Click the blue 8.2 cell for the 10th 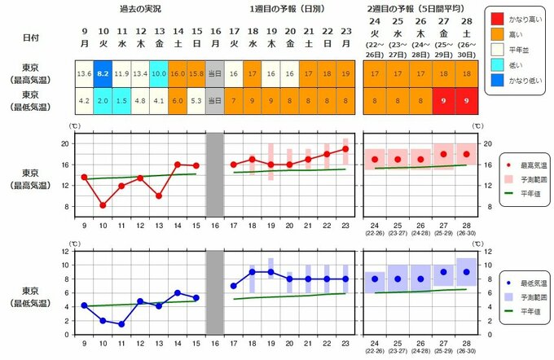coord(103,73)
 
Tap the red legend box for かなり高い coord(499,16)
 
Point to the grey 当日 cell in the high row coord(215,73)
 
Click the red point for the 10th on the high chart coord(103,205)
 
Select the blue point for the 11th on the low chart coord(121,324)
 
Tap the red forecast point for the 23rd coord(345,149)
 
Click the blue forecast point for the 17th coord(234,286)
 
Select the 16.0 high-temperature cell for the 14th coord(178,73)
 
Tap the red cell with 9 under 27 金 coord(443,102)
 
